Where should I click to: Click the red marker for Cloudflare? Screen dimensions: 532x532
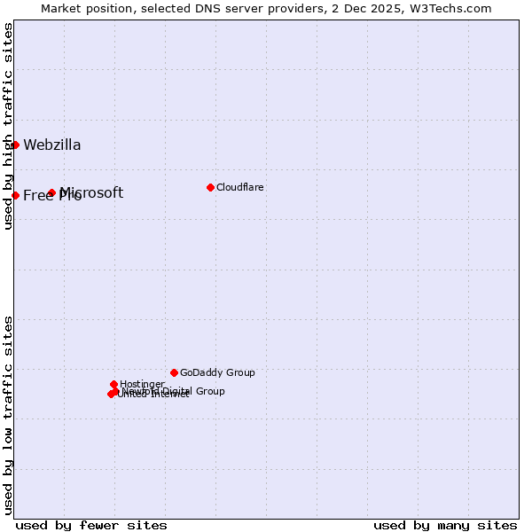tap(210, 187)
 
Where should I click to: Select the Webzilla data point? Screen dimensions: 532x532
tap(15, 145)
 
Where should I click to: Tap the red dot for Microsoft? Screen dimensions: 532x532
tap(51, 192)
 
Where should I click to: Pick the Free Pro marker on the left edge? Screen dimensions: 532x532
tap(15, 195)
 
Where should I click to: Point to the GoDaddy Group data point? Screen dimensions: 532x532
tap(174, 372)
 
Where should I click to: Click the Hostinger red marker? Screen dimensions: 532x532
tap(113, 384)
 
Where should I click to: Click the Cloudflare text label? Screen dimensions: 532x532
tap(239, 187)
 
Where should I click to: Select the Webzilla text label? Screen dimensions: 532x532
tap(52, 145)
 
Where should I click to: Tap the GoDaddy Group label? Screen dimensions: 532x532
tap(217, 372)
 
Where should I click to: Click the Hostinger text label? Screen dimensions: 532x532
tap(142, 384)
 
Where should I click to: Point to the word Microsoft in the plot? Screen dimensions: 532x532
tap(92, 192)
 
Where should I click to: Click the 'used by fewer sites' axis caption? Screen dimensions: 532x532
tap(91, 525)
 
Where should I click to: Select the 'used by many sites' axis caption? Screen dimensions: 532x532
tap(445, 525)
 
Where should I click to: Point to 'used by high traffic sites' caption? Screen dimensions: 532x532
tap(8, 126)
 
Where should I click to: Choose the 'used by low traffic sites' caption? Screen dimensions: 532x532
tap(8, 414)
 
